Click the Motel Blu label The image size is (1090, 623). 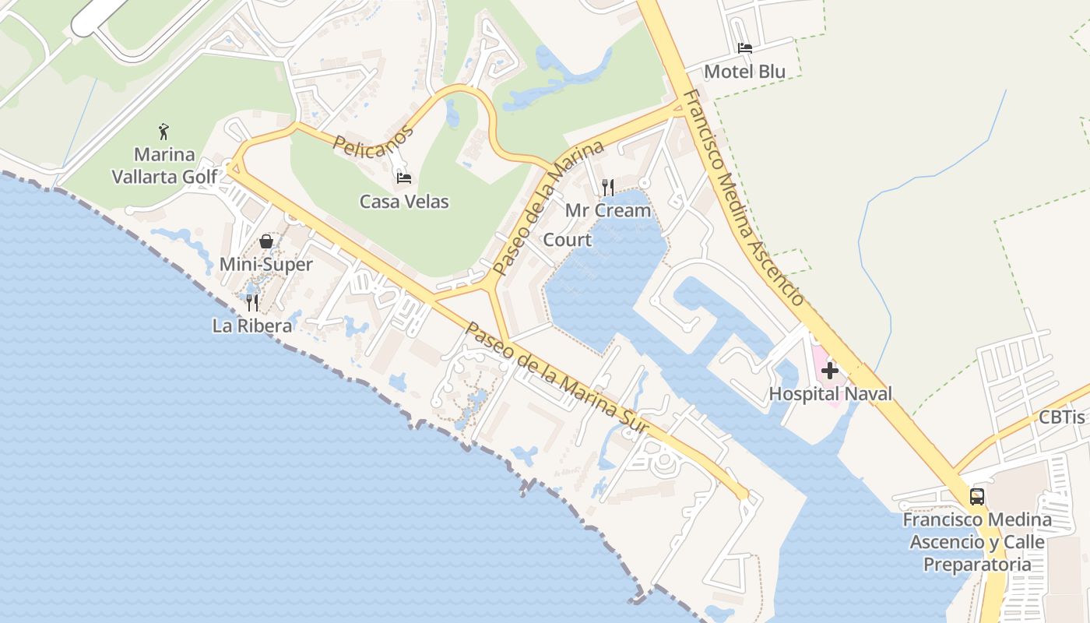(x=744, y=72)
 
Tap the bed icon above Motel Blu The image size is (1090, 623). (x=745, y=48)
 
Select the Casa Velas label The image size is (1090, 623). (x=404, y=202)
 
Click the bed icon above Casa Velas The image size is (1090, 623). (x=404, y=178)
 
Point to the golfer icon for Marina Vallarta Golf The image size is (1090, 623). (x=163, y=131)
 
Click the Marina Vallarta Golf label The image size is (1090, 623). (x=164, y=166)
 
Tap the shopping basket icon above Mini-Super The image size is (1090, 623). (x=266, y=241)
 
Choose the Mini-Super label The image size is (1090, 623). (x=266, y=265)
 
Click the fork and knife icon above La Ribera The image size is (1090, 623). (x=252, y=302)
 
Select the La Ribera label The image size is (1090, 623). (x=252, y=326)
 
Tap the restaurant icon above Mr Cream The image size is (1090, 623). (x=608, y=187)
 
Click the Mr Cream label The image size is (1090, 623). (x=608, y=210)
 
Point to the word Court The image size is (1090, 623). (x=567, y=240)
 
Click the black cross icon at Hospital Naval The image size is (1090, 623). (x=830, y=371)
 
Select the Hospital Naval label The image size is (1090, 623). (x=830, y=394)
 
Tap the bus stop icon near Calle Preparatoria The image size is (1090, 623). (x=977, y=496)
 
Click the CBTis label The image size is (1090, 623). (x=1062, y=417)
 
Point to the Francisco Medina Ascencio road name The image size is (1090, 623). (x=744, y=199)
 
